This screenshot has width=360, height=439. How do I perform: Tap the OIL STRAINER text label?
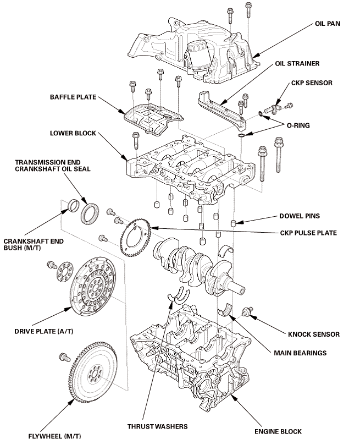pyautogui.click(x=297, y=64)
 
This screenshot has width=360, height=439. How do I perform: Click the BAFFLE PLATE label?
pyautogui.click(x=72, y=97)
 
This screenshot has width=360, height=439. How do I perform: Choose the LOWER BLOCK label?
pyautogui.click(x=71, y=133)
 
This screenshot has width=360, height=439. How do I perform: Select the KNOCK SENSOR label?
pyautogui.click(x=314, y=334)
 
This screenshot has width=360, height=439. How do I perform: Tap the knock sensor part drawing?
pyautogui.click(x=247, y=311)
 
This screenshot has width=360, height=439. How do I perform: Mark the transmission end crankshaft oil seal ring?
pyautogui.click(x=91, y=213)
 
